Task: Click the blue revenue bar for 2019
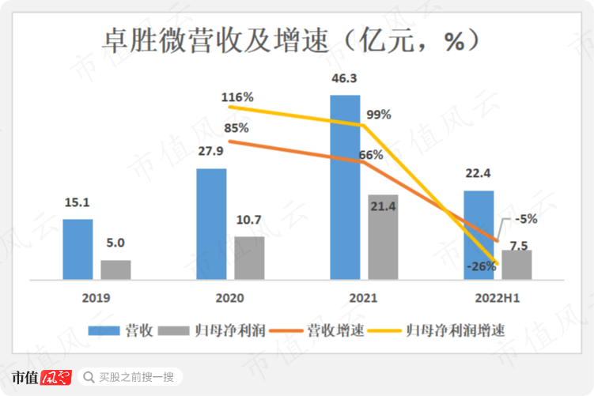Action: (x=78, y=249)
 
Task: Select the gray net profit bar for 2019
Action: (x=115, y=270)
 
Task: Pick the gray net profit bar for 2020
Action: (x=249, y=258)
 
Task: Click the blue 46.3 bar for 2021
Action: (x=345, y=187)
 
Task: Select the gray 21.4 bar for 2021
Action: (x=383, y=236)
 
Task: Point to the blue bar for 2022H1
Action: (x=479, y=235)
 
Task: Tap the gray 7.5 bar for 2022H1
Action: (x=516, y=265)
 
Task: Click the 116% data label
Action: (x=237, y=97)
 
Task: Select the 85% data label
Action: (x=236, y=127)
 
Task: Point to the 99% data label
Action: (x=379, y=114)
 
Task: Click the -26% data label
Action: (x=481, y=266)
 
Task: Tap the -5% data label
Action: (x=525, y=219)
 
